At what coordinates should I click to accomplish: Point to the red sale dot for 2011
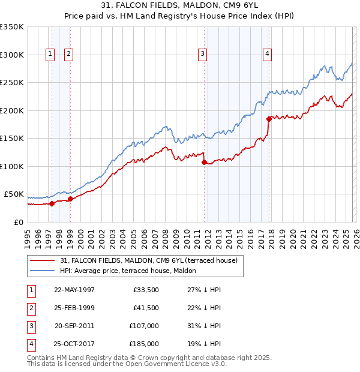[x=205, y=162]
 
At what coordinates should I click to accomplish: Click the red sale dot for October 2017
[x=269, y=119]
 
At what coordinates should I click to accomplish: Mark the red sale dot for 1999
[x=70, y=199]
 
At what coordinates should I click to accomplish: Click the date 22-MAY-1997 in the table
[x=74, y=290]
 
